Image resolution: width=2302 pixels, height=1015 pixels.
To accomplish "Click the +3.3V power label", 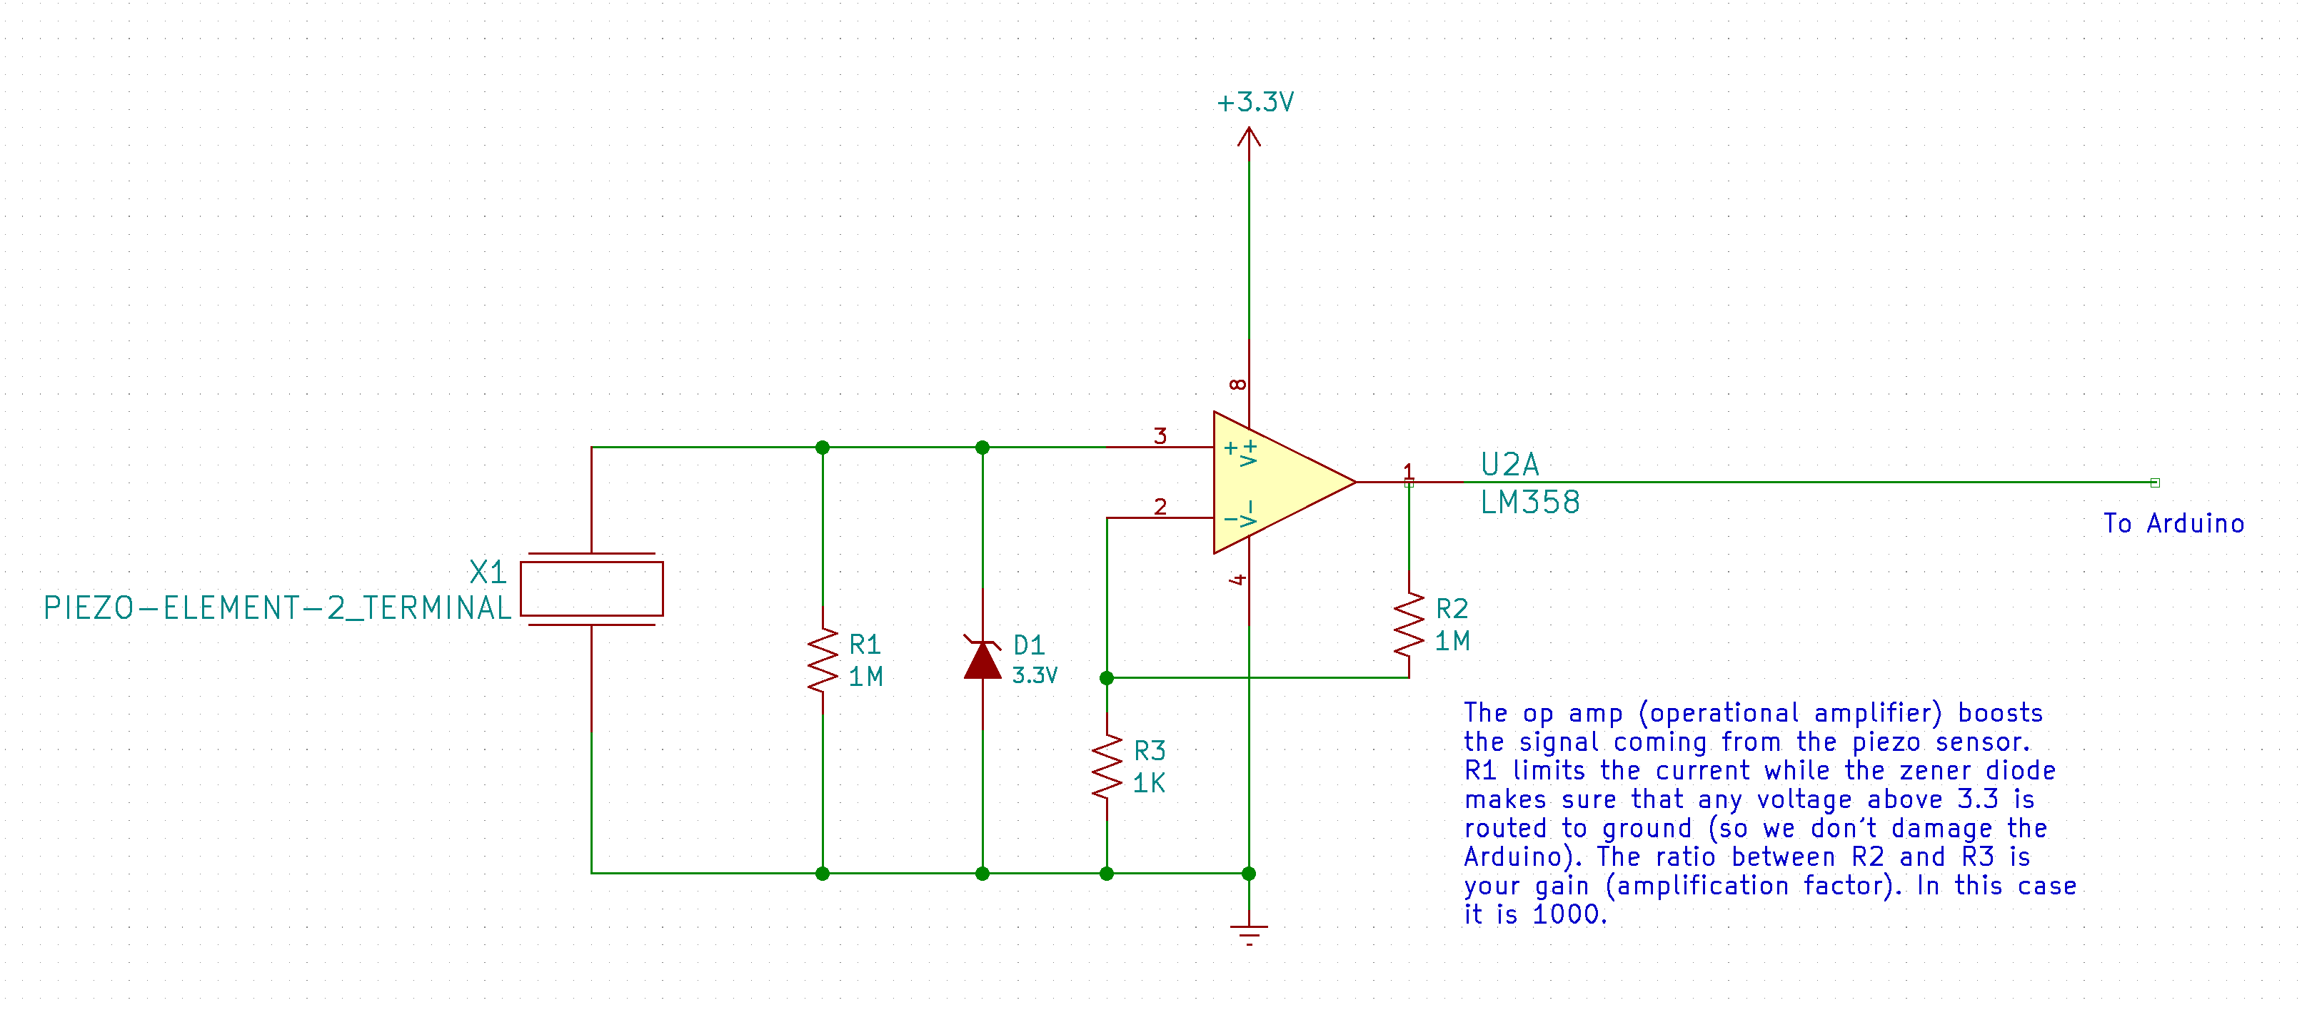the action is coord(1255,103).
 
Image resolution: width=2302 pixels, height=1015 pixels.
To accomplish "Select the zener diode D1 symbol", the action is coord(982,660).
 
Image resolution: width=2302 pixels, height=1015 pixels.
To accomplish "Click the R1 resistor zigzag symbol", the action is coord(822,660).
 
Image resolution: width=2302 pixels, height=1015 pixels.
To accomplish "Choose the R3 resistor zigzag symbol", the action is coord(1106,766).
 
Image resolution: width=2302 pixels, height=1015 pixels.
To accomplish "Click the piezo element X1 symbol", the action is coord(592,589).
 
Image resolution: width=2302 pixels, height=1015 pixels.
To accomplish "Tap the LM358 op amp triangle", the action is coord(1278,483).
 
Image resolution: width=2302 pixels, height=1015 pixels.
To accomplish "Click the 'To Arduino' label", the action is coord(2173,524).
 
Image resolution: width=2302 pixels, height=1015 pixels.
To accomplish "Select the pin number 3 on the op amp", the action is coord(1160,436).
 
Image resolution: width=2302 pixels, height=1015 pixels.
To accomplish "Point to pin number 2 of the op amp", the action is coord(1160,507).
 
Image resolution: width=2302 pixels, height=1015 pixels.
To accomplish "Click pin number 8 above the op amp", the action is coord(1237,384).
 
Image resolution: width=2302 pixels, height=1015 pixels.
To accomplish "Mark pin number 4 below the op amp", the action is coord(1237,580).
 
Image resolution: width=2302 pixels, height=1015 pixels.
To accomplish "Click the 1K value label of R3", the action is coord(1148,784).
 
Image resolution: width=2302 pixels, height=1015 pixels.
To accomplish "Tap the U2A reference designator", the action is coord(1509,465).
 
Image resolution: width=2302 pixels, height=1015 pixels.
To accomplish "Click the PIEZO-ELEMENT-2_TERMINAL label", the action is coord(277,608).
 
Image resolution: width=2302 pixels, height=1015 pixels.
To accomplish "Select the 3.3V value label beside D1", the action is coord(1034,675).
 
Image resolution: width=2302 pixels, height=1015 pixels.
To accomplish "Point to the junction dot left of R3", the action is coord(1106,678).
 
